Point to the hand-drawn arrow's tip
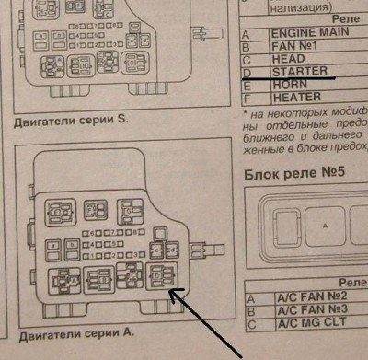click(172, 292)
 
